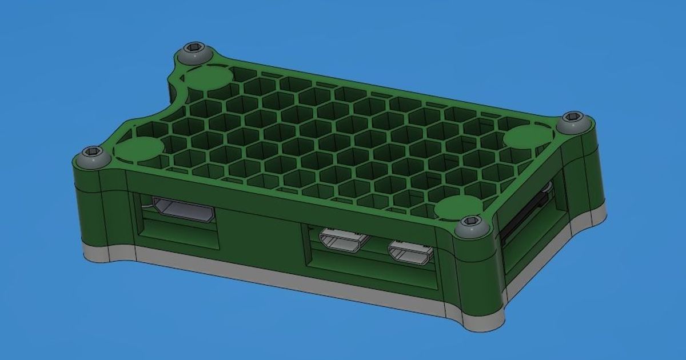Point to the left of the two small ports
point(343,240)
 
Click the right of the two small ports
point(410,253)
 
